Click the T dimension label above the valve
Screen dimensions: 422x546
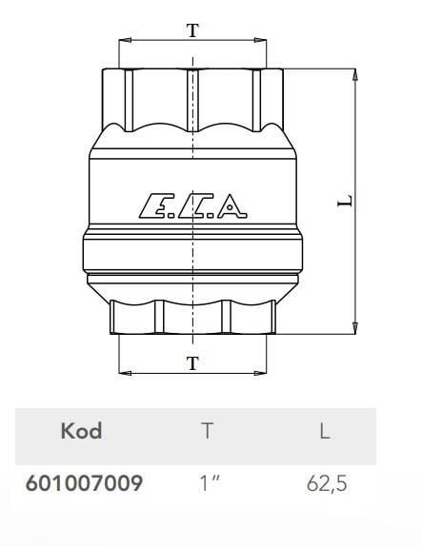click(192, 30)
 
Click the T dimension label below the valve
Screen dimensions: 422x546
click(192, 363)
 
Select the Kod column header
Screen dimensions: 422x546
click(81, 431)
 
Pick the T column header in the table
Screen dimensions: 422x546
click(207, 431)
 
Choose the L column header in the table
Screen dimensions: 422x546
click(325, 431)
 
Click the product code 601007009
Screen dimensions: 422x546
click(84, 483)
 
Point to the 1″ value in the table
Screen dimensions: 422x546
click(210, 482)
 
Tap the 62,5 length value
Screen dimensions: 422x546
click(327, 483)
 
